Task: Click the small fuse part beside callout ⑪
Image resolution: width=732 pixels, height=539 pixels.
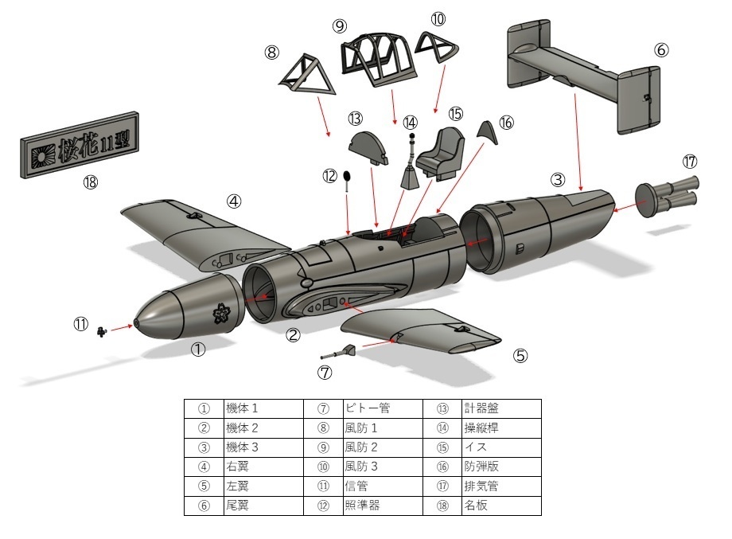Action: pyautogui.click(x=102, y=330)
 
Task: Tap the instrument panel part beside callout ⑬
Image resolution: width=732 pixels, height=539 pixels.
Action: pyautogui.click(x=369, y=148)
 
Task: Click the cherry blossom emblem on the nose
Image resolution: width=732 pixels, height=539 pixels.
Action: pyautogui.click(x=222, y=315)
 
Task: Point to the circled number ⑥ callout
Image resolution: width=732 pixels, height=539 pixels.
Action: pyautogui.click(x=661, y=49)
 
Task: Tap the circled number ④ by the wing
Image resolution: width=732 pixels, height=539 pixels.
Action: pyautogui.click(x=233, y=201)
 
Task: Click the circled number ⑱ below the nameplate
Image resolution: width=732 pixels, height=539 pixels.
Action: pyautogui.click(x=90, y=182)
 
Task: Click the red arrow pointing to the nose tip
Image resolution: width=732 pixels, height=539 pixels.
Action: pyautogui.click(x=122, y=327)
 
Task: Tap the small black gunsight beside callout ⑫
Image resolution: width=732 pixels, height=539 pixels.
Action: pyautogui.click(x=347, y=176)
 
